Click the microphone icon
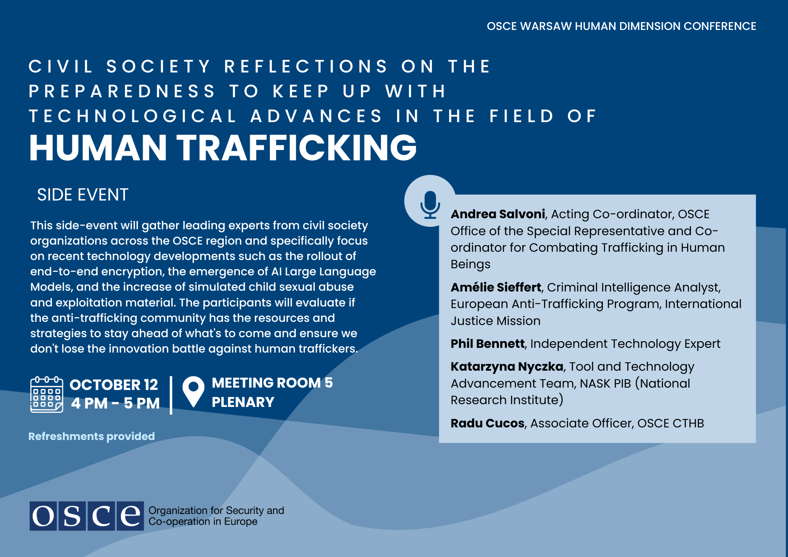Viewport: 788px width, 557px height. point(430,204)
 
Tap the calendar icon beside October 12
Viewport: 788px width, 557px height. point(46,394)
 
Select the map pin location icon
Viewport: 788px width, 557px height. point(193,392)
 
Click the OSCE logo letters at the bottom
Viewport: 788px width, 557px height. point(87,516)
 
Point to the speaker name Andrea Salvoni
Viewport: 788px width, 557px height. point(498,214)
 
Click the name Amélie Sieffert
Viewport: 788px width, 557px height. point(496,287)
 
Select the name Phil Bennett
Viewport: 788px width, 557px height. point(488,343)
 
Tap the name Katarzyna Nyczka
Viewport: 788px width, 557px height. point(507,367)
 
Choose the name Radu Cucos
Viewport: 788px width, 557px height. point(487,423)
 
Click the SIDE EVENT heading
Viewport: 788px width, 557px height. point(83,195)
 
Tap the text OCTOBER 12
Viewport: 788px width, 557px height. point(114,384)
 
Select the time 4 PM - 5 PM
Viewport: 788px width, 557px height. point(115,403)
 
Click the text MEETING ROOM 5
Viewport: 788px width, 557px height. point(272,383)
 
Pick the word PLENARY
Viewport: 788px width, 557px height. point(243,402)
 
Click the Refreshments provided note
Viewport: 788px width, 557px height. point(91,436)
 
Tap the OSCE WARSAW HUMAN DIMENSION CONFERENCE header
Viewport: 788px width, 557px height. point(621,26)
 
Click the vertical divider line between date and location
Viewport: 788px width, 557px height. point(171,395)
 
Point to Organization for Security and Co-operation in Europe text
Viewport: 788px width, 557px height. point(216,516)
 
